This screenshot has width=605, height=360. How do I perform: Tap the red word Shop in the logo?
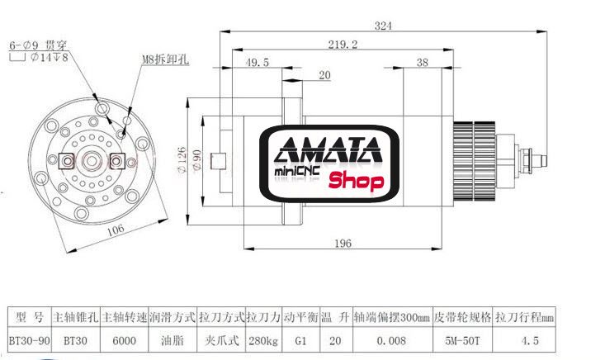(x=357, y=181)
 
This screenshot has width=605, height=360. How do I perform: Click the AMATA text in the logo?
(x=329, y=151)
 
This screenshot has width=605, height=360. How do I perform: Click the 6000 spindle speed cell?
(x=123, y=339)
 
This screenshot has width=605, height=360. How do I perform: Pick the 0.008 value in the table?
(x=392, y=339)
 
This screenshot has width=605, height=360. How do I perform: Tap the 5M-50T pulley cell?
(x=462, y=339)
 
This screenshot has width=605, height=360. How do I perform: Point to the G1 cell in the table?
(x=299, y=339)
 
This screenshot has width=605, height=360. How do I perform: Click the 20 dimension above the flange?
(x=324, y=75)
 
